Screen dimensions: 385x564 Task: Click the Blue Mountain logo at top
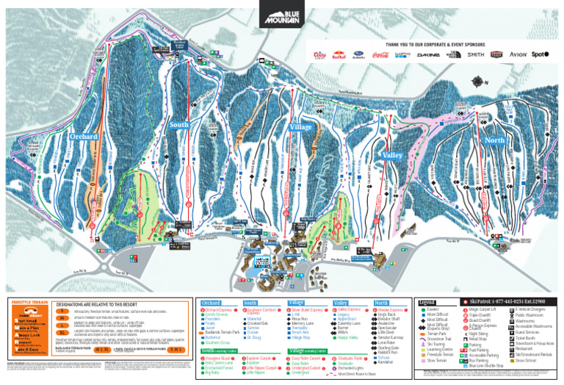point(281,14)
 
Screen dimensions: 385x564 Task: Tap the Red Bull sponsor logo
point(339,54)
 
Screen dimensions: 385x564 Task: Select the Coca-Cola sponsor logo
point(380,54)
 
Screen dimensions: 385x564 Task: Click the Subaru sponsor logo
point(359,54)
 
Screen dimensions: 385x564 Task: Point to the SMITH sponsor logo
point(475,54)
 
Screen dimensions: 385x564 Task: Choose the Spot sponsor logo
point(540,54)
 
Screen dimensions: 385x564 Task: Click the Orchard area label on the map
point(84,137)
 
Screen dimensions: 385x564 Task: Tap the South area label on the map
point(179,126)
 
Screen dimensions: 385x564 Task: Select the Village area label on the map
point(301,127)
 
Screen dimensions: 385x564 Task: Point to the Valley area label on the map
point(393,156)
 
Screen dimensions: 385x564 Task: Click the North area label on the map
point(494,140)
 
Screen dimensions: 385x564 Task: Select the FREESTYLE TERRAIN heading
point(29,302)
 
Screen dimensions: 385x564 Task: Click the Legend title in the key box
point(427,302)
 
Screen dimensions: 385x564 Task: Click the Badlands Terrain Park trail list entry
point(223,332)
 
